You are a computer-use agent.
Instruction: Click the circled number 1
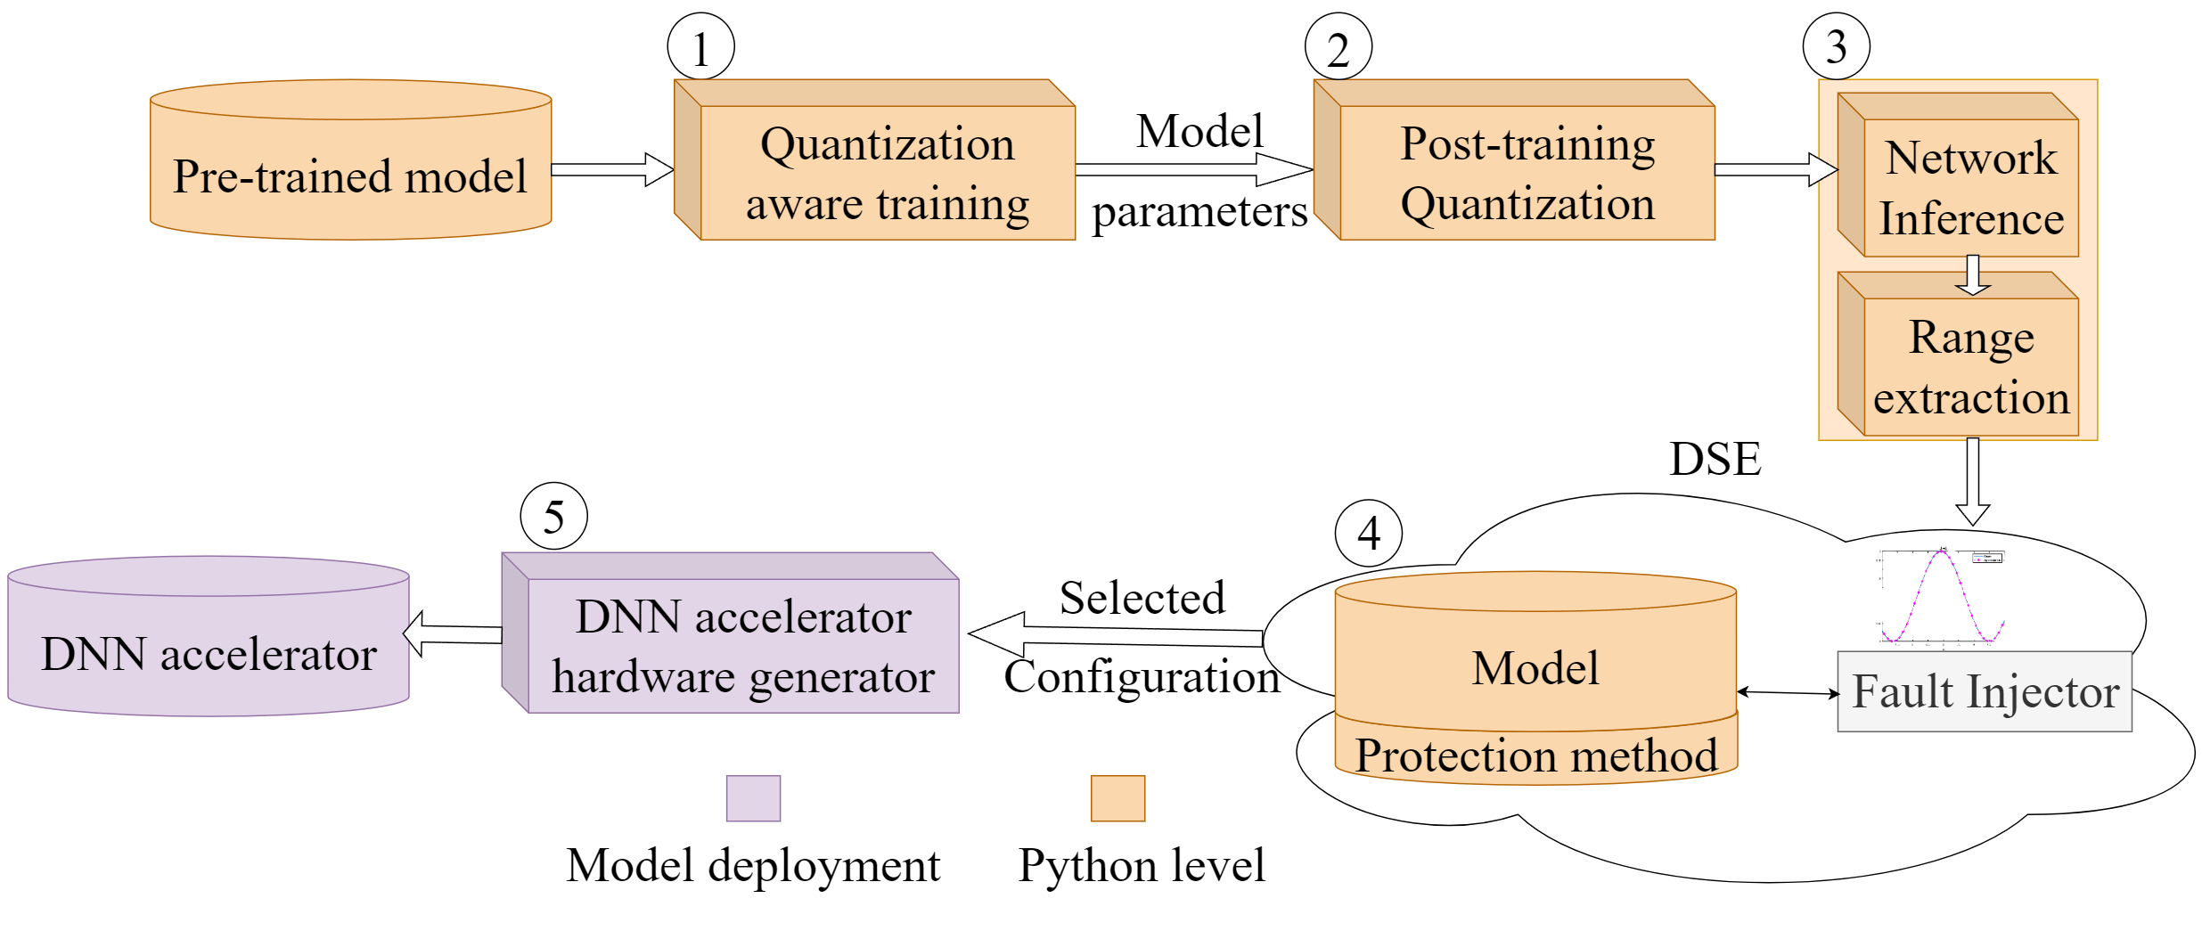point(700,47)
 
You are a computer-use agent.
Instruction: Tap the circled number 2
point(1338,47)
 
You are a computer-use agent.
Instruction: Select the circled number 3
point(1836,46)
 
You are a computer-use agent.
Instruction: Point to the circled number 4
point(1368,533)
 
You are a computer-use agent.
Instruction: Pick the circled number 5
point(553,516)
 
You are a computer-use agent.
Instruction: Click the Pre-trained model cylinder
point(350,175)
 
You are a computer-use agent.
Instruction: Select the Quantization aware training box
point(887,173)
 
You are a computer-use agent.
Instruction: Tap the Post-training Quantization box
point(1527,173)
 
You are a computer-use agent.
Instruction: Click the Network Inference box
point(1970,188)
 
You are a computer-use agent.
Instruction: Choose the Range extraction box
point(1970,366)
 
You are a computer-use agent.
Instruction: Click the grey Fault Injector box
point(1984,691)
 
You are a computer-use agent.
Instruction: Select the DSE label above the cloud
point(1715,460)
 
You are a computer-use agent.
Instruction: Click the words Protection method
point(1535,755)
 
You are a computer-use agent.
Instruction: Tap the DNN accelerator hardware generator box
point(742,646)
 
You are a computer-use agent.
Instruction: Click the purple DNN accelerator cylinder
point(208,653)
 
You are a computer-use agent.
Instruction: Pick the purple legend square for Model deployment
point(753,797)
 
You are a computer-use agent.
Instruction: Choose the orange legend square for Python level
point(1117,797)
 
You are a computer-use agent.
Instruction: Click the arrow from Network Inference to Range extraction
point(1972,274)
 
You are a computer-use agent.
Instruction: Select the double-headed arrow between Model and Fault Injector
point(1788,692)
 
